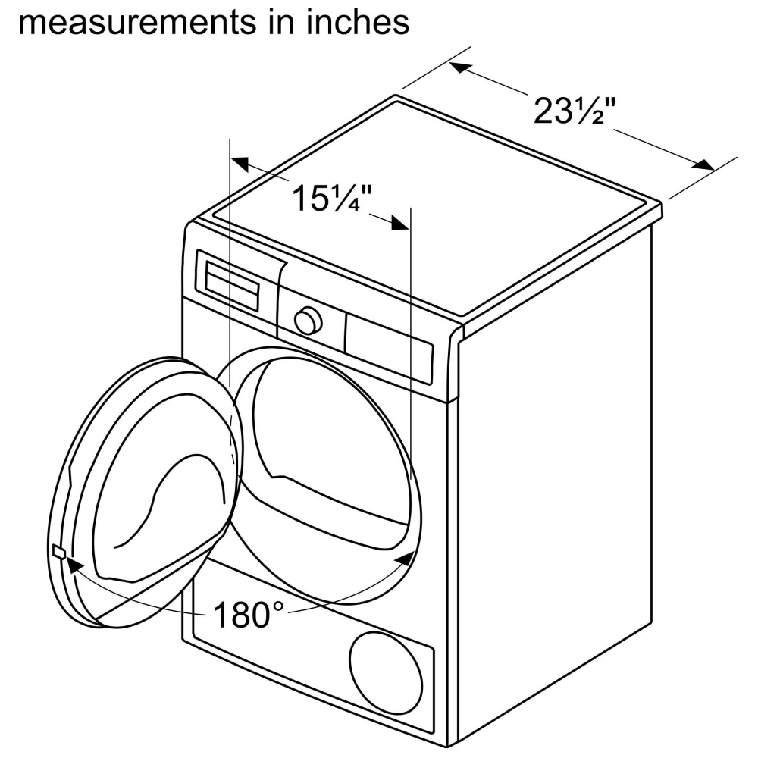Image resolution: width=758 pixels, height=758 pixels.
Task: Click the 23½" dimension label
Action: click(575, 111)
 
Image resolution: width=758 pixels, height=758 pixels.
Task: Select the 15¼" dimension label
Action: click(333, 198)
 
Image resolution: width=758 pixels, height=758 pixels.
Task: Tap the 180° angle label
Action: click(249, 615)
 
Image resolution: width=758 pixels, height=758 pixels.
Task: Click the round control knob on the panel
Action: click(308, 321)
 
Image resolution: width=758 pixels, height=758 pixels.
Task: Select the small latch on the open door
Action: click(58, 551)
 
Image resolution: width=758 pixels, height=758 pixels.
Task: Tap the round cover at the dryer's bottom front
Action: click(386, 673)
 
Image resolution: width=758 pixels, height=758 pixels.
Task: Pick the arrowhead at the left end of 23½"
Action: click(461, 67)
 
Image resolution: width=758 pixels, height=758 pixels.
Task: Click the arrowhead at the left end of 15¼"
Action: click(240, 164)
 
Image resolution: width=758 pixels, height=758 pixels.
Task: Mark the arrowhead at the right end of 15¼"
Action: click(400, 224)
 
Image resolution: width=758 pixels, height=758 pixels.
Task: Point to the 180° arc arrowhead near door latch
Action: click(74, 566)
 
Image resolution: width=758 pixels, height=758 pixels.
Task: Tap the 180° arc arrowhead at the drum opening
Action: click(404, 559)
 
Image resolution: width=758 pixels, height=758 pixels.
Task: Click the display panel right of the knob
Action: click(388, 348)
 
